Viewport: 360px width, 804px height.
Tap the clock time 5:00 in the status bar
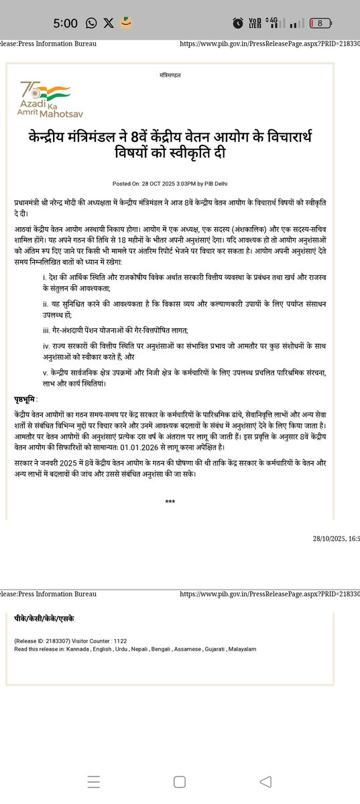66,23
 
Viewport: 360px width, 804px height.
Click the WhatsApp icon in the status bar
91,23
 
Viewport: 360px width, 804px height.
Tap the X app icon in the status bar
109,23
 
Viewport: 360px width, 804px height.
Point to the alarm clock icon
238,23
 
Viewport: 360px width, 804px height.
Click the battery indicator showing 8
320,23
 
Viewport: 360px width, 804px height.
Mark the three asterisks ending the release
170,501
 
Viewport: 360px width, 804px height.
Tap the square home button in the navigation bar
179,782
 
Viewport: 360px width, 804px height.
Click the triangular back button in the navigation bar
265,782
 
